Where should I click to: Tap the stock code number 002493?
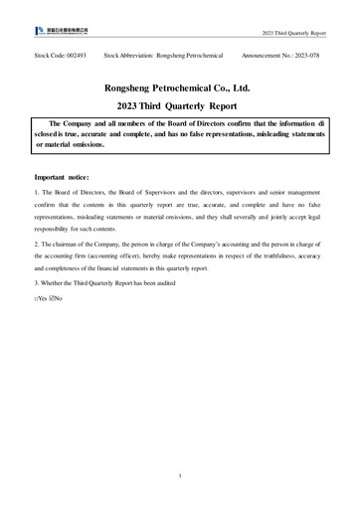click(76, 57)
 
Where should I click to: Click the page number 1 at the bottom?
click(179, 476)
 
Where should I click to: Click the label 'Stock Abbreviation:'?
click(122, 57)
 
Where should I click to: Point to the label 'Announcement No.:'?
click(262, 57)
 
